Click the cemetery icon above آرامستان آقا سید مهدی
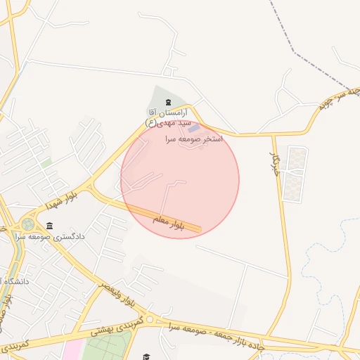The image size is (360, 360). (x=157, y=103)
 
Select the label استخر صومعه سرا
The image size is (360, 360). (x=193, y=139)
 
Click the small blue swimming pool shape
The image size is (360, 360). (x=193, y=128)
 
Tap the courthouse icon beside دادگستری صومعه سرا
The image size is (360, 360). (x=49, y=226)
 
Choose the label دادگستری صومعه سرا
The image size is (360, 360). (x=84, y=236)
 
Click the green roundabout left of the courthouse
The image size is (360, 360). (x=27, y=225)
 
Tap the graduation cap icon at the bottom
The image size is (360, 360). (x=146, y=356)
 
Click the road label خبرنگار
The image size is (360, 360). (x=276, y=163)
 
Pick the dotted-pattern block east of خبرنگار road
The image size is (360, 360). (x=295, y=172)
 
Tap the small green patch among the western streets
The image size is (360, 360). (x=46, y=162)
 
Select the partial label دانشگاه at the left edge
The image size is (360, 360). (x=14, y=282)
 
